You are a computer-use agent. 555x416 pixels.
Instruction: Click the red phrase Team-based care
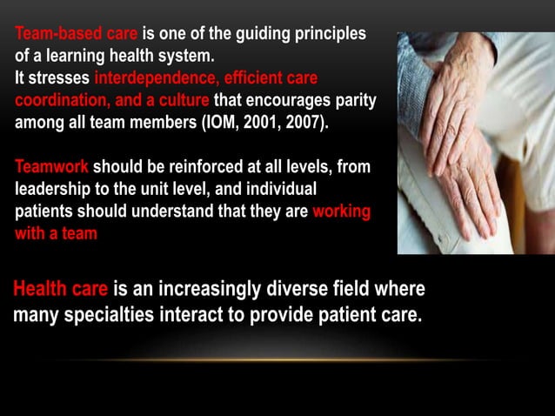[76, 36]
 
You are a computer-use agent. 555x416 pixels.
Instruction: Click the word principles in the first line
[321, 36]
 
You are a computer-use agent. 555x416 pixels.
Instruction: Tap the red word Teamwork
[51, 167]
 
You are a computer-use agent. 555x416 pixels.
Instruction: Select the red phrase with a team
[56, 233]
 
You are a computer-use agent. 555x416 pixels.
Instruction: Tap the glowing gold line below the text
[278, 359]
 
